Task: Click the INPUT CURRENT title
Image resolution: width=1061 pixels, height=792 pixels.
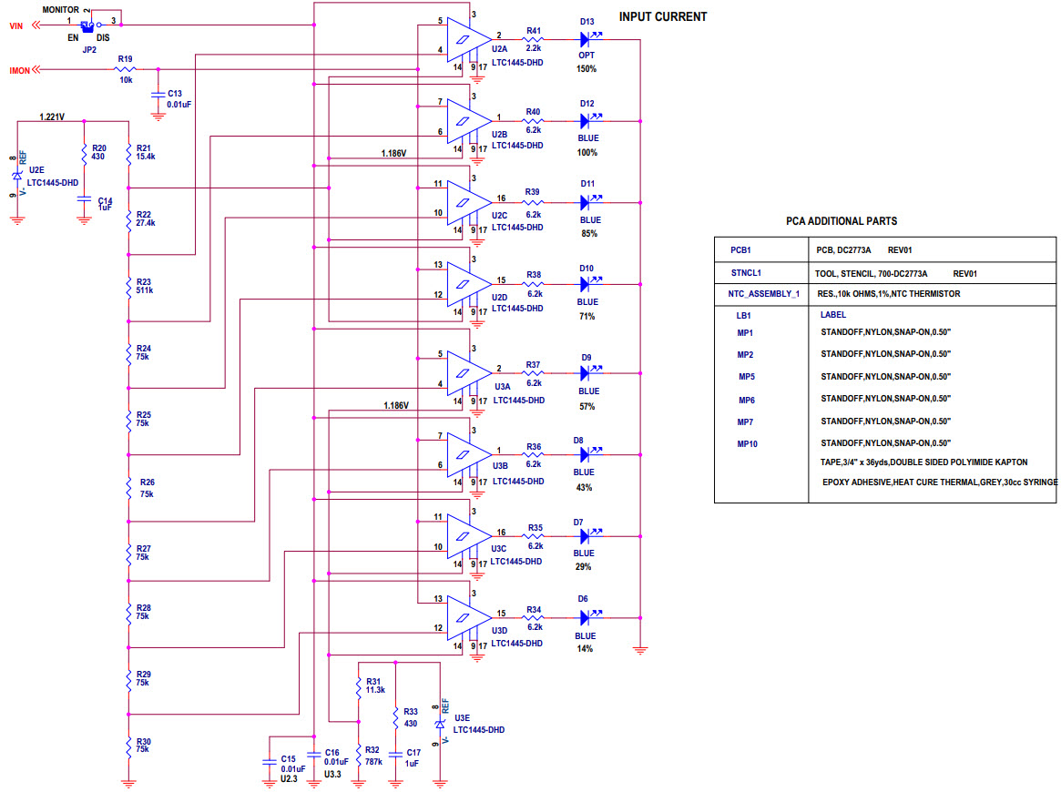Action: point(662,17)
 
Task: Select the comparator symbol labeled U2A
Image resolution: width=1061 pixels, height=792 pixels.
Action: point(466,39)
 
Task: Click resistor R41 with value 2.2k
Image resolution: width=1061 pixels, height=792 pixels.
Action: point(534,40)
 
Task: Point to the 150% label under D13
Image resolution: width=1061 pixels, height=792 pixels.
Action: point(587,69)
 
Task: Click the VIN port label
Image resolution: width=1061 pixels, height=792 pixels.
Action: point(15,26)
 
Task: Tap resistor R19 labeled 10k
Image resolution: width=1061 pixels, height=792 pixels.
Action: point(126,69)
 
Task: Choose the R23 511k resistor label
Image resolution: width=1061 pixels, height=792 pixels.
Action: point(145,287)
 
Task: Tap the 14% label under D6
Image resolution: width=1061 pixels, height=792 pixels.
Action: point(585,649)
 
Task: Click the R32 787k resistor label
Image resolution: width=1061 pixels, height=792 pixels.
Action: point(374,756)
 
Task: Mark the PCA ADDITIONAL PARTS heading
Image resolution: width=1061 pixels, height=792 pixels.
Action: point(841,221)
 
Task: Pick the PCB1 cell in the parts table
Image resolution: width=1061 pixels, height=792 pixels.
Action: point(740,249)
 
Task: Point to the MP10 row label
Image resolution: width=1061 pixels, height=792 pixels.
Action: point(747,444)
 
